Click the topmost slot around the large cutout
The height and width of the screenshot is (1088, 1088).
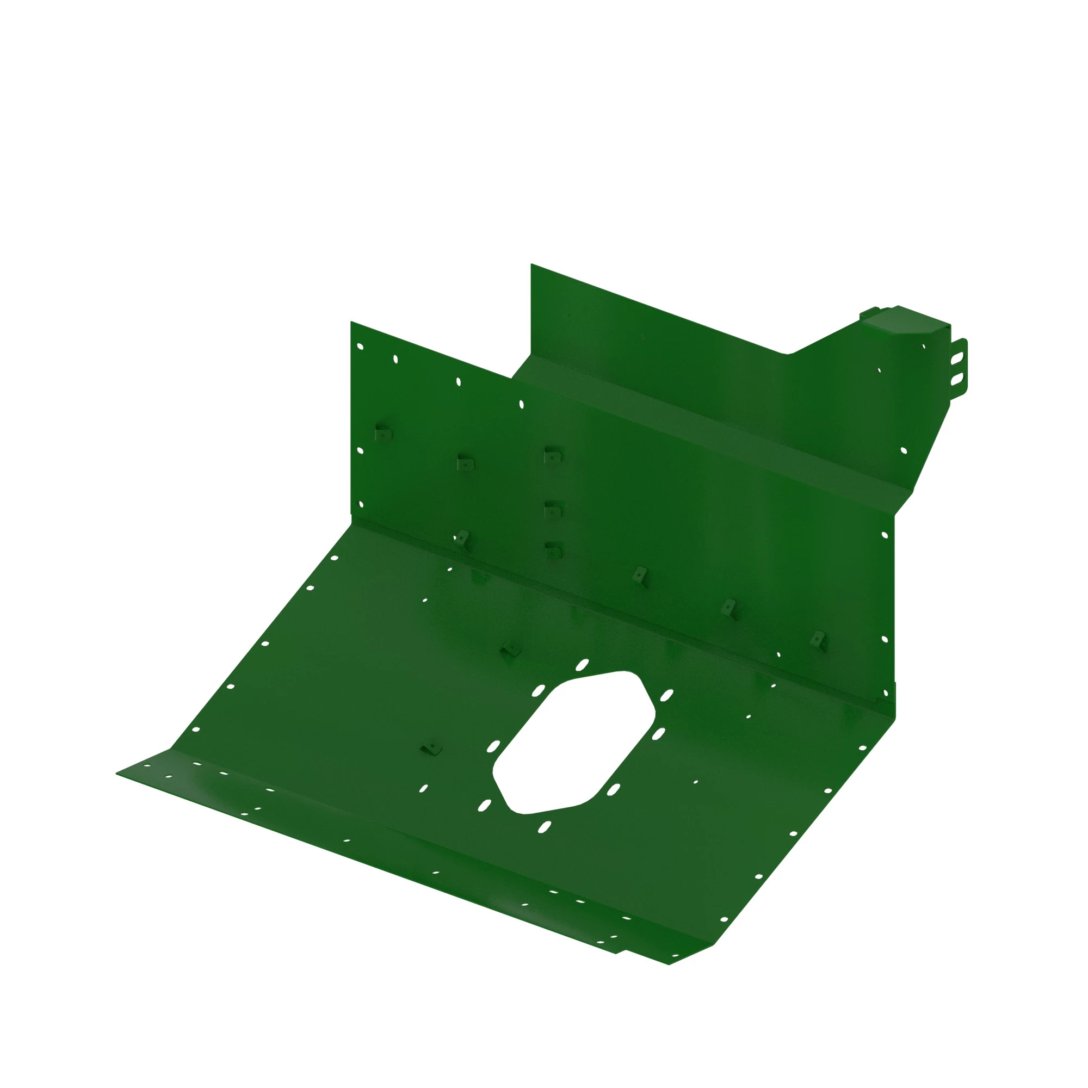coord(582,665)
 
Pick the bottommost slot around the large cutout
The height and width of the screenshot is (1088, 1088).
coord(545,827)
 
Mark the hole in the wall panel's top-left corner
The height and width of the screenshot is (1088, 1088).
coord(361,347)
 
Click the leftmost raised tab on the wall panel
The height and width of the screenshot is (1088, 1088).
coord(382,434)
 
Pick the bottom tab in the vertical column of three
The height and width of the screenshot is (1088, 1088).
coord(553,549)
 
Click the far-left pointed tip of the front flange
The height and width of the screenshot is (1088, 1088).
coord(117,774)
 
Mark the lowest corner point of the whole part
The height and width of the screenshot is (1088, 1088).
coord(669,964)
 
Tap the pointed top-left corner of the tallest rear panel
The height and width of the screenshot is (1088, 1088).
coord(531,264)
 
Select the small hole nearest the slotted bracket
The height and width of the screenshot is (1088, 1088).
coord(924,347)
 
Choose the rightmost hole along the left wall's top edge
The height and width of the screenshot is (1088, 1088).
coord(521,404)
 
